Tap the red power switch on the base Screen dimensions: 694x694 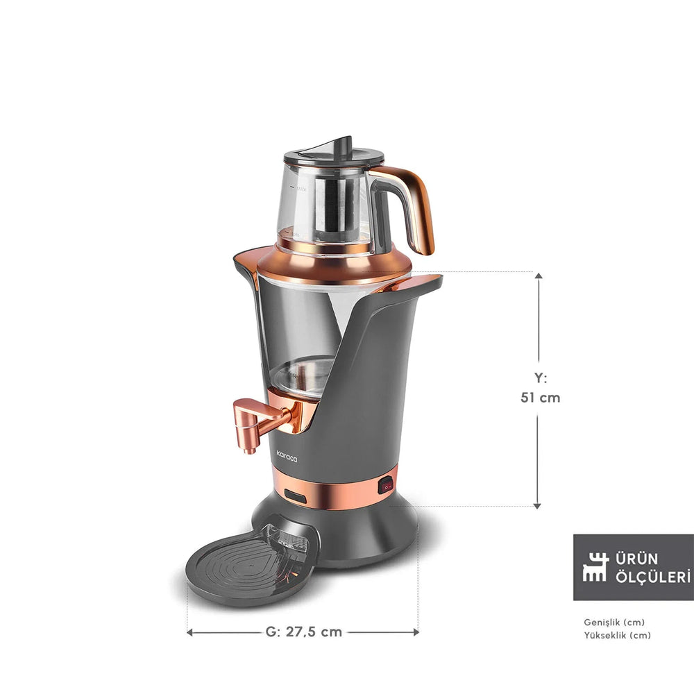pyautogui.click(x=385, y=486)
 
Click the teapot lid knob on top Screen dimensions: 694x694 pyautogui.click(x=340, y=146)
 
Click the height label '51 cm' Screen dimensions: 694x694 pyautogui.click(x=540, y=398)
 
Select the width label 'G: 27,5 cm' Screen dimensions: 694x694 pyautogui.click(x=304, y=632)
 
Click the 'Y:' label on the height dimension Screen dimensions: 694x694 pyautogui.click(x=540, y=378)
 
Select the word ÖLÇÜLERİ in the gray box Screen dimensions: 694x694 pyautogui.click(x=650, y=576)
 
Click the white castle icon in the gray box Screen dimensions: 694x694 pyautogui.click(x=595, y=567)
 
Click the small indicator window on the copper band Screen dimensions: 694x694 pyautogui.click(x=296, y=496)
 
